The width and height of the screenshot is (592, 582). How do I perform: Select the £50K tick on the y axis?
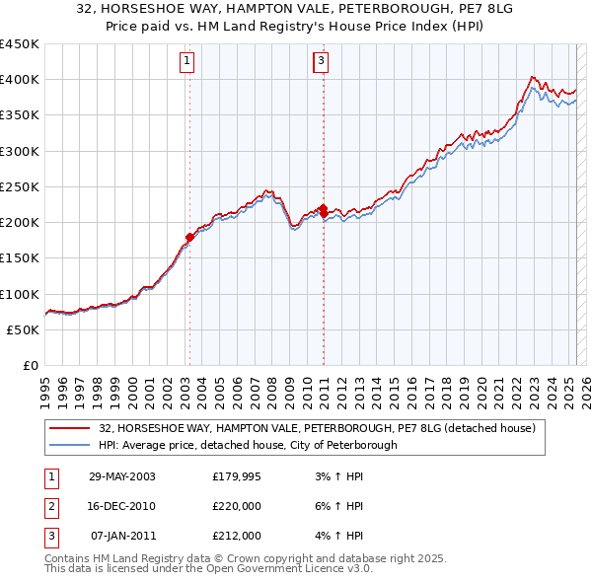(24, 329)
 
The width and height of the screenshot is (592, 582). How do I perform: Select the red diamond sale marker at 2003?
(189, 237)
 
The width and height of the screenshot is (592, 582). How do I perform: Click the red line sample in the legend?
(70, 428)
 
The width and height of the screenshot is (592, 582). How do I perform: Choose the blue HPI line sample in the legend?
(70, 445)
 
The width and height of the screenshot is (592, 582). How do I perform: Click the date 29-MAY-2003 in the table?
(121, 477)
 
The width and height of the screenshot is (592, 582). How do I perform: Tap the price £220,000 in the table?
(237, 507)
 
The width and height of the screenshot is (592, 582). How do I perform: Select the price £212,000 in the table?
(237, 537)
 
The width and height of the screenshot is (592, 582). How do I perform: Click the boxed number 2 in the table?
(49, 507)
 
